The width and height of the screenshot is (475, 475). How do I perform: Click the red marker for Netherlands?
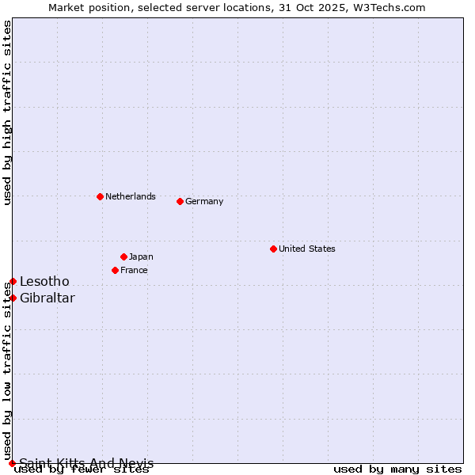[100, 196]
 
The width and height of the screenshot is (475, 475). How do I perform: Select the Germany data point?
[180, 201]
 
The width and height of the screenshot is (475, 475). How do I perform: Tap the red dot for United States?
[273, 249]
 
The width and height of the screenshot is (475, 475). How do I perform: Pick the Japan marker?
[123, 256]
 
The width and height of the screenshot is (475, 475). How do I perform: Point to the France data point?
[115, 270]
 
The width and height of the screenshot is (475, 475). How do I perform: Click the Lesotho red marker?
[13, 281]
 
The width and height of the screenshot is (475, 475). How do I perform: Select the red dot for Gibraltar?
[13, 298]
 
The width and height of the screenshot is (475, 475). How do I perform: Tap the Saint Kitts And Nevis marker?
[12, 463]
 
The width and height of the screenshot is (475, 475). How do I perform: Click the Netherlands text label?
[131, 196]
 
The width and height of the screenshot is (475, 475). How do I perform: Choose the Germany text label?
[204, 201]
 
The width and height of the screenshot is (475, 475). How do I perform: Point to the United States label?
[307, 249]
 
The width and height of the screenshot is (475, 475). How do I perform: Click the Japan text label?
[141, 256]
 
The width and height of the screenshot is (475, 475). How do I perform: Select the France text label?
[134, 270]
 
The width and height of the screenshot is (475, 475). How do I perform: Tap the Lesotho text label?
[44, 281]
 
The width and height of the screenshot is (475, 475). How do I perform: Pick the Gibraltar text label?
[47, 298]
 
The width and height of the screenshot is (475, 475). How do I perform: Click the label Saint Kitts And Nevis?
[86, 463]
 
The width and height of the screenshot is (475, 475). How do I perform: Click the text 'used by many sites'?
[397, 469]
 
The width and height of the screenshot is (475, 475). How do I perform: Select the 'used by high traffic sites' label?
[7, 112]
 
